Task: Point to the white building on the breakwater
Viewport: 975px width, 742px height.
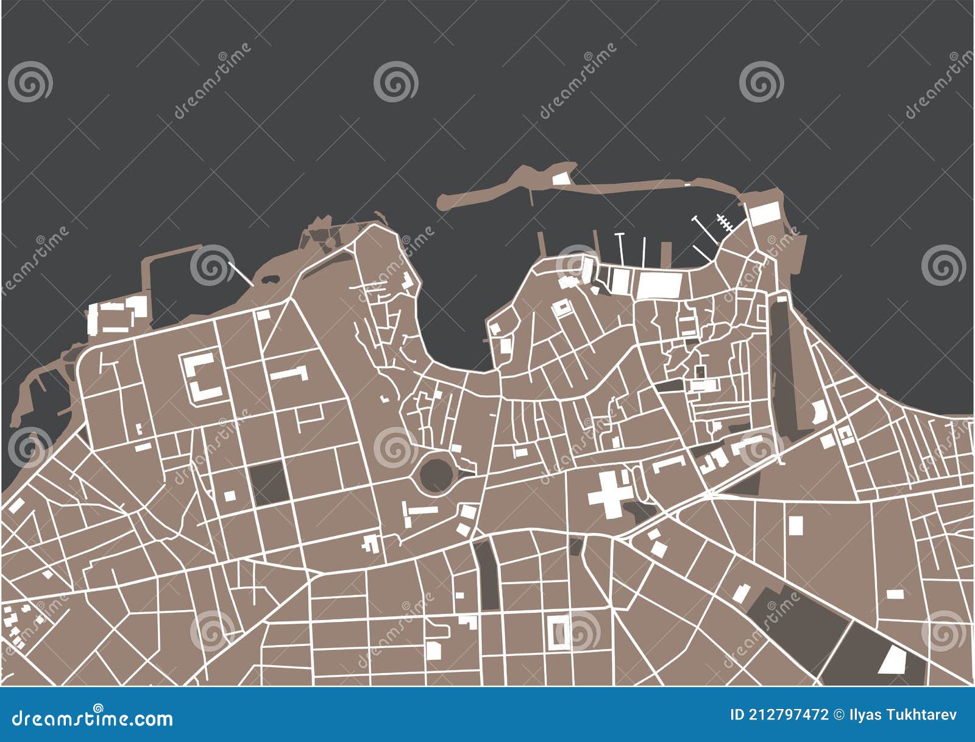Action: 560,178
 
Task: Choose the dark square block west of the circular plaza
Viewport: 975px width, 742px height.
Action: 269,483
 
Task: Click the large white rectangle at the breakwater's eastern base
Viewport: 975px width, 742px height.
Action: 764,214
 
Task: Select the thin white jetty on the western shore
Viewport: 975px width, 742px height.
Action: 241,274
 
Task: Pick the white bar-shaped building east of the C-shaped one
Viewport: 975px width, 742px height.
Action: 289,373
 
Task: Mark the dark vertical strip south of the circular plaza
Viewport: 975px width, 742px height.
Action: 486,575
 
